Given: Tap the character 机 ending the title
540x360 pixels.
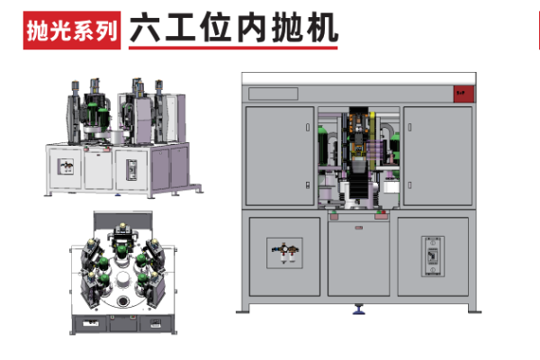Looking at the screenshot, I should pos(322,27).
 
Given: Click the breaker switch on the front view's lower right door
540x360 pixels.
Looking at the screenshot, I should pos(434,254).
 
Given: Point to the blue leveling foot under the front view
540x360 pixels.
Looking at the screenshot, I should pos(359,310).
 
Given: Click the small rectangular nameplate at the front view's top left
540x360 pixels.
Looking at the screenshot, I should pos(272,93).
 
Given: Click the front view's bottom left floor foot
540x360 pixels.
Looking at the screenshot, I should pos(244,310).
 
